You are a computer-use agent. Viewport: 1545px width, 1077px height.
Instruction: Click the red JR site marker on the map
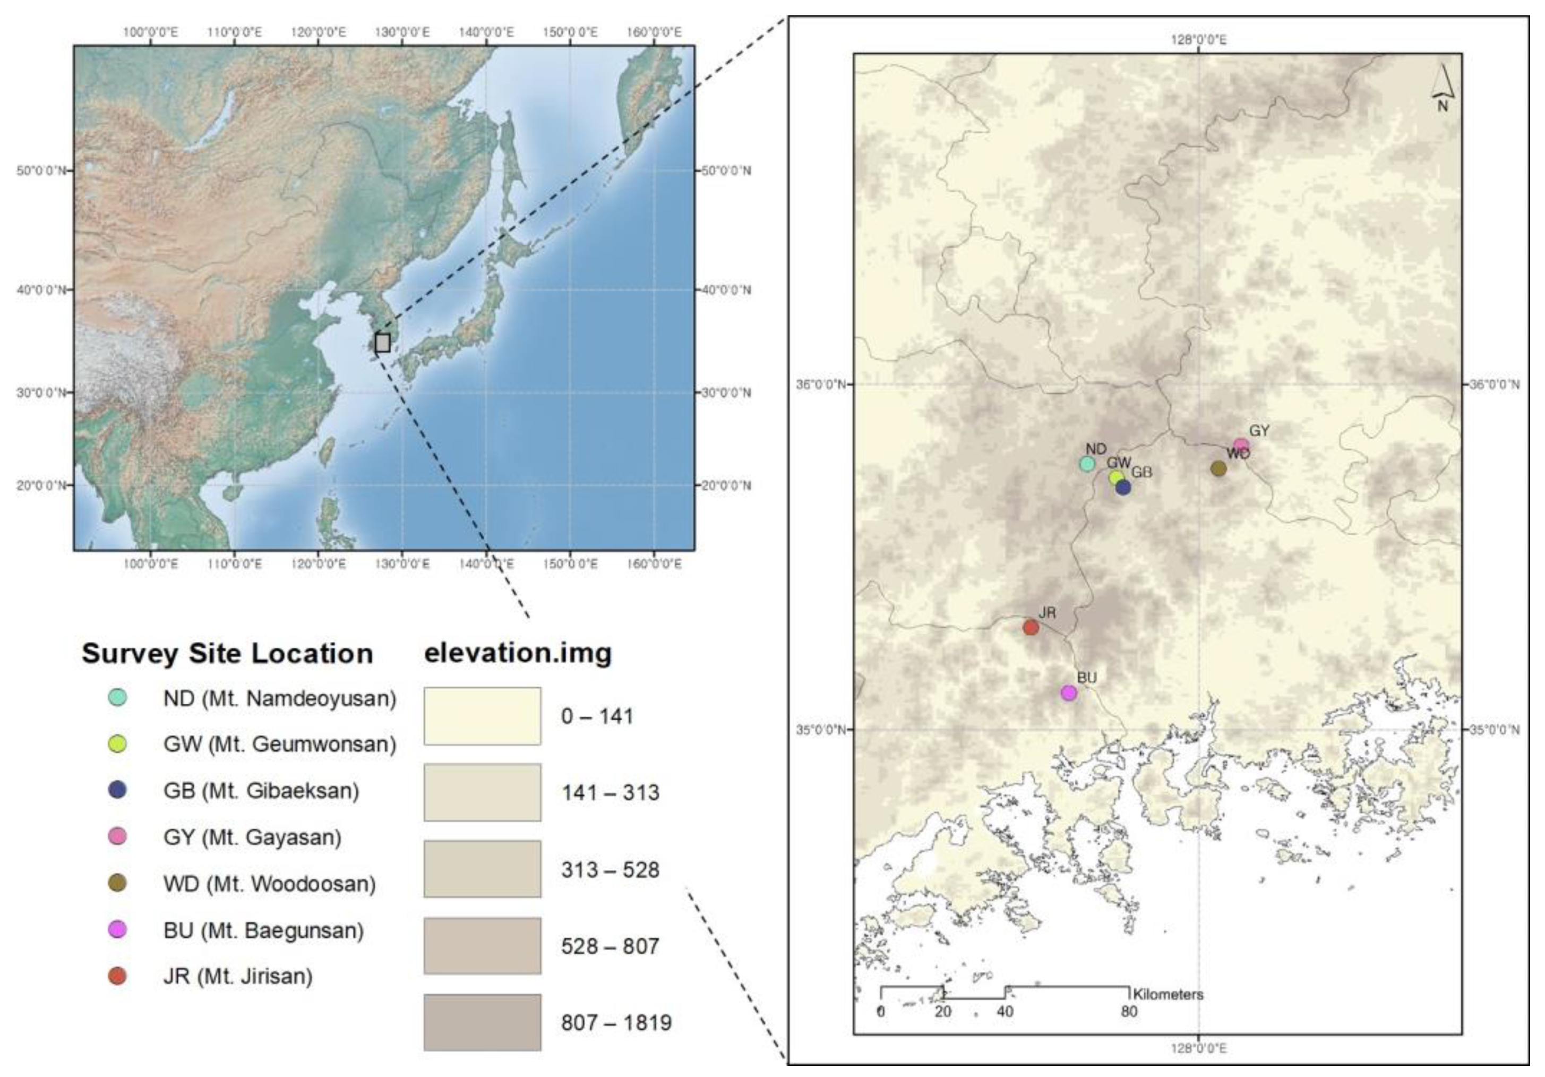tap(1030, 627)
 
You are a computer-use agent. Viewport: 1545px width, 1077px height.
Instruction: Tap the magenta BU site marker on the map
tap(1068, 693)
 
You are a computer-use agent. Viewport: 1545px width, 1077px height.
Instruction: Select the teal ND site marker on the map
tap(1087, 463)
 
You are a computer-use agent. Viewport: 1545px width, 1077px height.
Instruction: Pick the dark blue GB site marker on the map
tap(1123, 488)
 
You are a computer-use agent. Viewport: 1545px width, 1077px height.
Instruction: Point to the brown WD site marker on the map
tap(1218, 468)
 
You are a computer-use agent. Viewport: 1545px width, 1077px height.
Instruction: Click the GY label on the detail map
tap(1259, 431)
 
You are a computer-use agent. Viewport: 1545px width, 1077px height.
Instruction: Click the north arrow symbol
tap(1442, 88)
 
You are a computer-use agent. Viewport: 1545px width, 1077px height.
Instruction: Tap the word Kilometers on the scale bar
tap(1168, 994)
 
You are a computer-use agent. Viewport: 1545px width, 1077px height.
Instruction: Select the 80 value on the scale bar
tap(1129, 1011)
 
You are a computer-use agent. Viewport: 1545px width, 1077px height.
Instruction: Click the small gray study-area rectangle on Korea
tap(382, 343)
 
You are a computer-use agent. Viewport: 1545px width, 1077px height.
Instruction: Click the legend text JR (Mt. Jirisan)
tap(237, 976)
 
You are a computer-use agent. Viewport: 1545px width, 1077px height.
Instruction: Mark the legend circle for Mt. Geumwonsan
tap(118, 744)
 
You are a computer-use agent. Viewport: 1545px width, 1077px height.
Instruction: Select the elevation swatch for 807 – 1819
tap(482, 1022)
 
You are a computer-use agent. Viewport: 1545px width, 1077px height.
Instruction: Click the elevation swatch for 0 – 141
tap(482, 715)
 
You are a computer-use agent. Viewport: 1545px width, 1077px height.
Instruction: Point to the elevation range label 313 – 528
tap(610, 870)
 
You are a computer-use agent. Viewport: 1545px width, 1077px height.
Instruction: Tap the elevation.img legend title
tap(518, 652)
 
